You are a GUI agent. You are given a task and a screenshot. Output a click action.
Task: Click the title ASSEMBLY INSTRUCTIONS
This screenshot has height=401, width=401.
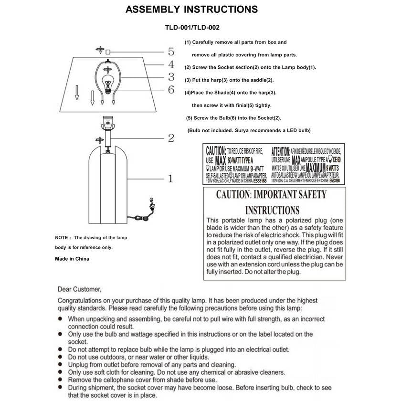coord(191,10)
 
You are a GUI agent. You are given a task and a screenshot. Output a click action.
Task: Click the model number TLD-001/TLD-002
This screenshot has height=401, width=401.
coord(192,28)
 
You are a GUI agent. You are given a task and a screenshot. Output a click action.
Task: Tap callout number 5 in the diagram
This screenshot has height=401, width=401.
coord(171,52)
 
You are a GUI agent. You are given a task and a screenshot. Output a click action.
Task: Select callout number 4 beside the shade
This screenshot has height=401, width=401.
coord(171,64)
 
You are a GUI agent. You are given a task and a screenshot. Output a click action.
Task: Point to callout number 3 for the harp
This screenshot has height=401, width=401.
coord(171,77)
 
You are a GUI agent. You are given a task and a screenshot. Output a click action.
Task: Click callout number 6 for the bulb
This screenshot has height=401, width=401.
coord(171,89)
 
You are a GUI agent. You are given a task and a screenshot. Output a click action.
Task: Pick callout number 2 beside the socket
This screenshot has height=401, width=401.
coord(171,138)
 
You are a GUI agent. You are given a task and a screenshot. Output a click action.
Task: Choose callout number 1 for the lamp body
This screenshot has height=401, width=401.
coord(170,179)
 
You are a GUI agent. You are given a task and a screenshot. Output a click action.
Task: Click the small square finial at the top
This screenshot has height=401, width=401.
coord(108,52)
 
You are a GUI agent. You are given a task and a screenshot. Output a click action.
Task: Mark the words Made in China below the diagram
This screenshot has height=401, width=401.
coord(72,259)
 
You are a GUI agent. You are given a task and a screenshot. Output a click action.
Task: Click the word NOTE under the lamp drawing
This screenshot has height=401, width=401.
coord(62,238)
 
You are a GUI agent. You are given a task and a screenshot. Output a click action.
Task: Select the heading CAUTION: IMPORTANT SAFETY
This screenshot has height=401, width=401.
coord(271,195)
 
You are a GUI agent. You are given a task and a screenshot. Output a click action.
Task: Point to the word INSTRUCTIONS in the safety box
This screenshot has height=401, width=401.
coord(272,210)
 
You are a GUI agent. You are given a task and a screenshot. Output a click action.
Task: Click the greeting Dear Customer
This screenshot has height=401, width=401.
coord(79,289)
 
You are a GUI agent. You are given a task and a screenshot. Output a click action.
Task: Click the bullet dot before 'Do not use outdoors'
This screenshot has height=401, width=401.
coord(61,357)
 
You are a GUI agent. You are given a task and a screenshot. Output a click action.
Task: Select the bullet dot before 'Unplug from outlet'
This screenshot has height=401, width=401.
coord(61,365)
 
